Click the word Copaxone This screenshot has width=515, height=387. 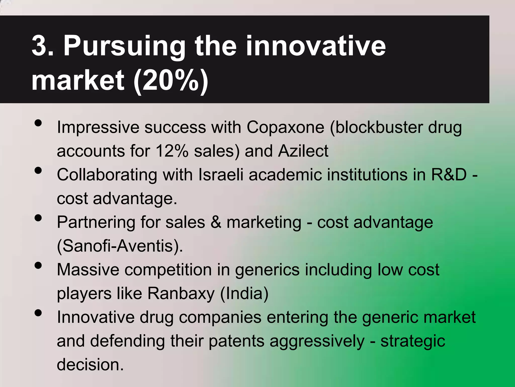(x=285, y=127)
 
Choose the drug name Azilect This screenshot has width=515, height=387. (x=303, y=151)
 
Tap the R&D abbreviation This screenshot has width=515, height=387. (x=449, y=175)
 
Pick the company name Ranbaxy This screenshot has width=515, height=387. (x=181, y=294)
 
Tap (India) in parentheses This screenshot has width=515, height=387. (x=244, y=294)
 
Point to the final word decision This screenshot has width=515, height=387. (x=90, y=365)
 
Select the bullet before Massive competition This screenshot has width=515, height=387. (x=38, y=265)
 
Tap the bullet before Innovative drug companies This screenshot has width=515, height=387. (x=38, y=313)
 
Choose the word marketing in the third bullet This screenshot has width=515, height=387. (x=264, y=222)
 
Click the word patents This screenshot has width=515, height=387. (x=236, y=341)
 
